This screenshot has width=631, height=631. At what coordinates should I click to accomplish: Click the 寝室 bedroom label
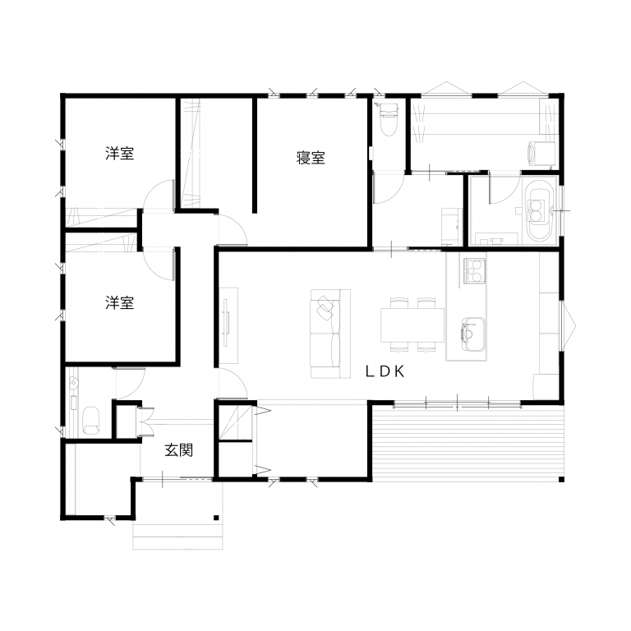311,158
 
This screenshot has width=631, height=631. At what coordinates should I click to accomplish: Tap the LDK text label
385,371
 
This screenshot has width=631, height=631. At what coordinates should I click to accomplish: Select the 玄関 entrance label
178,450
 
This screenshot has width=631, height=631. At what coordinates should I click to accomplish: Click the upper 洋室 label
119,154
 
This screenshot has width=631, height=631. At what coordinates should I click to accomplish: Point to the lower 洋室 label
119,302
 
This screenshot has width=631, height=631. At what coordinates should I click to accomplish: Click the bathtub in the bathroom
537,212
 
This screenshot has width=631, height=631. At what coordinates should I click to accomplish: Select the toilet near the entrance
91,421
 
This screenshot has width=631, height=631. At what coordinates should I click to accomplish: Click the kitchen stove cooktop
474,271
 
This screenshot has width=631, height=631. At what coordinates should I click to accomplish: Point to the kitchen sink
473,334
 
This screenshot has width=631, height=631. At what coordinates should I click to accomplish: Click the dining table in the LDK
412,325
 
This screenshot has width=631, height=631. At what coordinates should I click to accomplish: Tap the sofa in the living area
330,334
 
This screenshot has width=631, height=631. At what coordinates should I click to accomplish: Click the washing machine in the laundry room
541,154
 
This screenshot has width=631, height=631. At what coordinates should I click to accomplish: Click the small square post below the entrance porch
216,518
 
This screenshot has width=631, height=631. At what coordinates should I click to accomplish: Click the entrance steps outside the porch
177,537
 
